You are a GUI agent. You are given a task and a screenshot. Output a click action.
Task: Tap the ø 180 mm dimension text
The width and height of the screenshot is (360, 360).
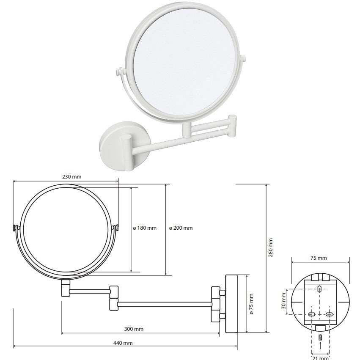[x=145, y=228]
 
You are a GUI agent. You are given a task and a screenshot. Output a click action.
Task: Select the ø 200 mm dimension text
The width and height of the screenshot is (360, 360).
[x=181, y=228]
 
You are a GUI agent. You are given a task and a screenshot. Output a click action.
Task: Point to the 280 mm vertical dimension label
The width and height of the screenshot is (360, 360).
[x=271, y=247]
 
